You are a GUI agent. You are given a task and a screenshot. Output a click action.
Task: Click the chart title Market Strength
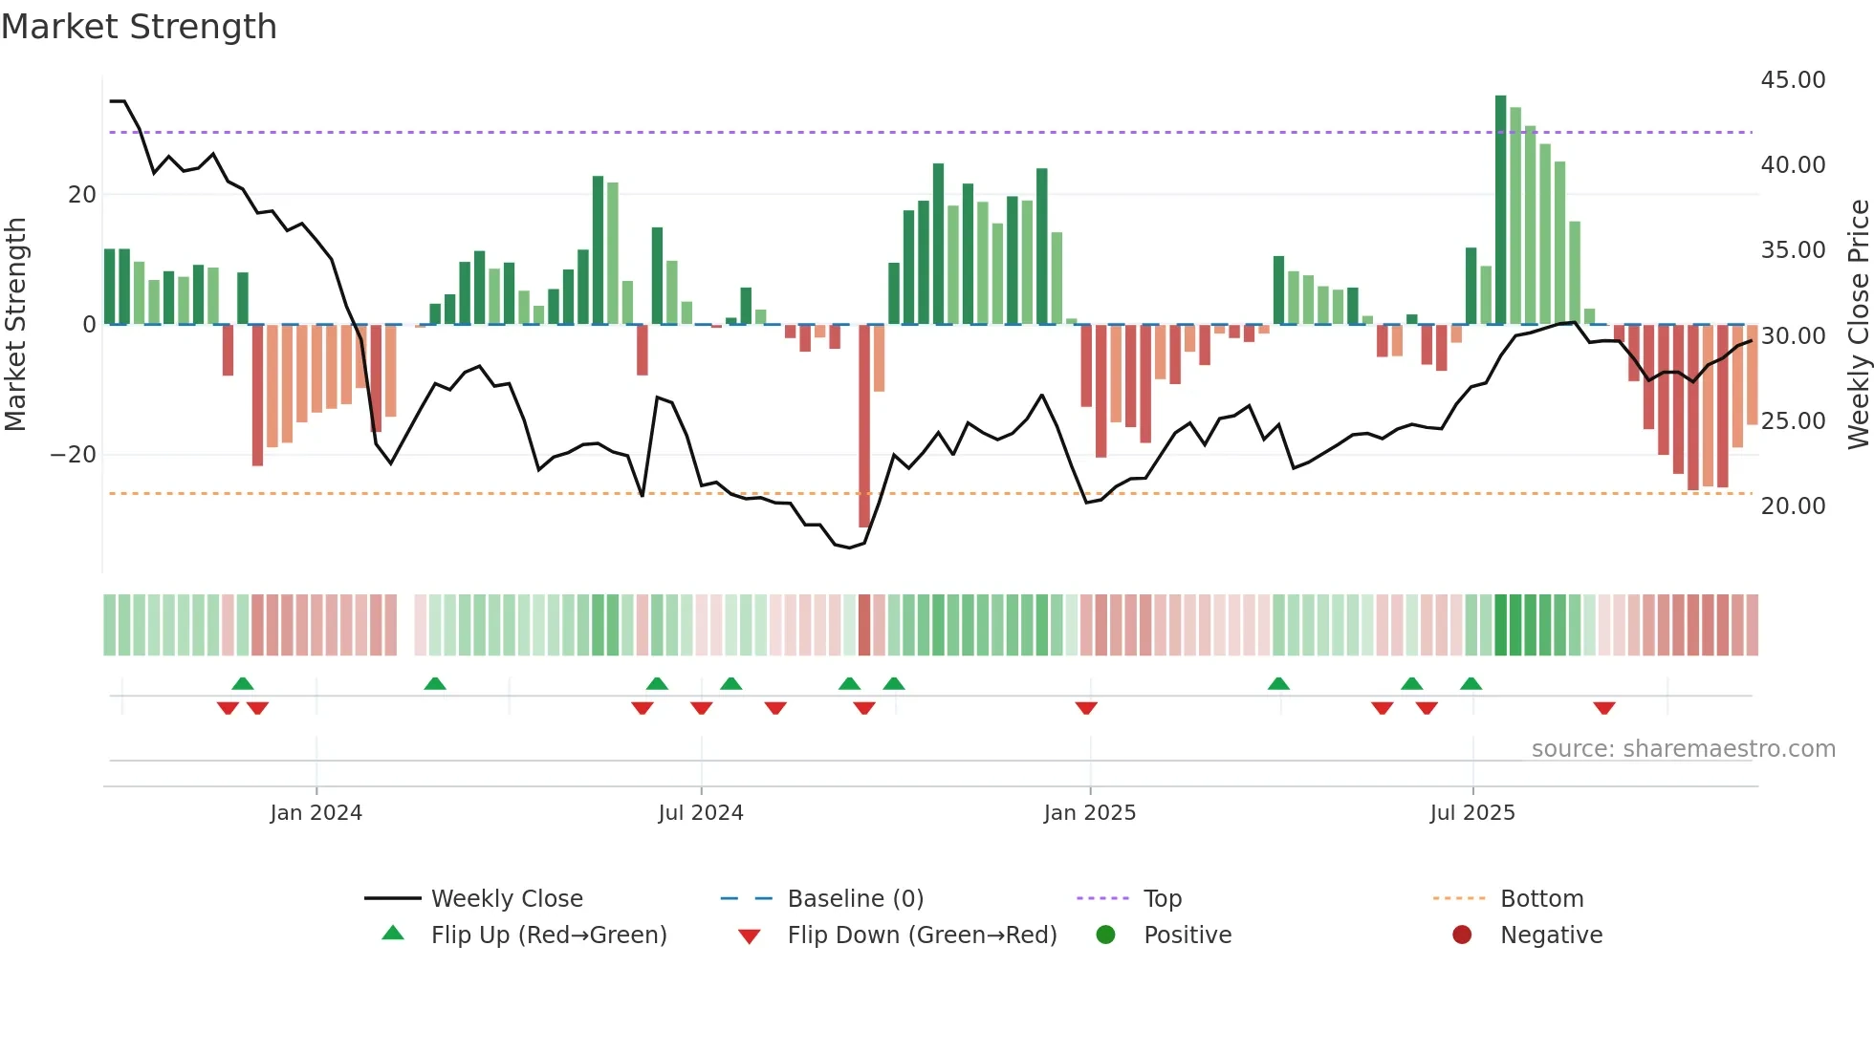pos(139,27)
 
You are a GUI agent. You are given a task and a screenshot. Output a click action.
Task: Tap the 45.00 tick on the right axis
pos(1793,80)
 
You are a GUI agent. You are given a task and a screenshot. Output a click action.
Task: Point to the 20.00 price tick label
pos(1793,506)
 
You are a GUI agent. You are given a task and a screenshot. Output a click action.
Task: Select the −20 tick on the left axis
pos(74,455)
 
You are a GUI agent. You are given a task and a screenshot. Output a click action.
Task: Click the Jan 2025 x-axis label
pos(1089,813)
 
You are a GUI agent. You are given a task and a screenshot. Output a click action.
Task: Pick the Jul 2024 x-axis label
pos(700,813)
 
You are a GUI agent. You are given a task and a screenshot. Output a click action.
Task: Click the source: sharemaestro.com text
pos(1683,749)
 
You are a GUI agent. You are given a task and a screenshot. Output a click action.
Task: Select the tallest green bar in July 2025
pos(1500,210)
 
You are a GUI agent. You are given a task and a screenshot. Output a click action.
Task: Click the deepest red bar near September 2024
pos(864,425)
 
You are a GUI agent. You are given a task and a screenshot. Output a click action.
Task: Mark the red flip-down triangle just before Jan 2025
pos(1086,708)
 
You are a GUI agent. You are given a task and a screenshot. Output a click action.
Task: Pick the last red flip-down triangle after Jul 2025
pos(1604,708)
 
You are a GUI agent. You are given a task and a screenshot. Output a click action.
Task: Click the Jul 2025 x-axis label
pos(1472,813)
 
